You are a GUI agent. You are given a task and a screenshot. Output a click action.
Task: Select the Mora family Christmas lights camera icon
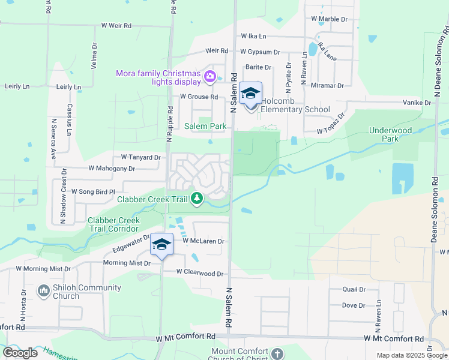[x=210, y=76]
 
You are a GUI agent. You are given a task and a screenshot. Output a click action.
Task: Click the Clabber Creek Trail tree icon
[x=197, y=198]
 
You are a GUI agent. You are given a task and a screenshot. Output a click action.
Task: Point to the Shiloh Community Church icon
[x=43, y=291]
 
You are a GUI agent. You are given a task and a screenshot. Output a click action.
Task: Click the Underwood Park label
[x=391, y=134]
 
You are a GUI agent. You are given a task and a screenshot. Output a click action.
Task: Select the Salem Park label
[x=205, y=126]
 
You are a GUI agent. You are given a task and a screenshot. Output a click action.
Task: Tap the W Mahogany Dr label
[x=112, y=169]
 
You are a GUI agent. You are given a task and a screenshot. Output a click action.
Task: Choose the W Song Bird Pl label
[x=92, y=191]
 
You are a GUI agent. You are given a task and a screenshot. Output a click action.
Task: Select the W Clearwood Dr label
[x=200, y=273]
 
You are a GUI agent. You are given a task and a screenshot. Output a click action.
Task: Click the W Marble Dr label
[x=330, y=19]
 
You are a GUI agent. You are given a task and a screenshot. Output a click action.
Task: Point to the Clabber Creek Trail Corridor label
[x=114, y=224]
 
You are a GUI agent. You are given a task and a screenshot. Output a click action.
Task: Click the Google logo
[x=20, y=353]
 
